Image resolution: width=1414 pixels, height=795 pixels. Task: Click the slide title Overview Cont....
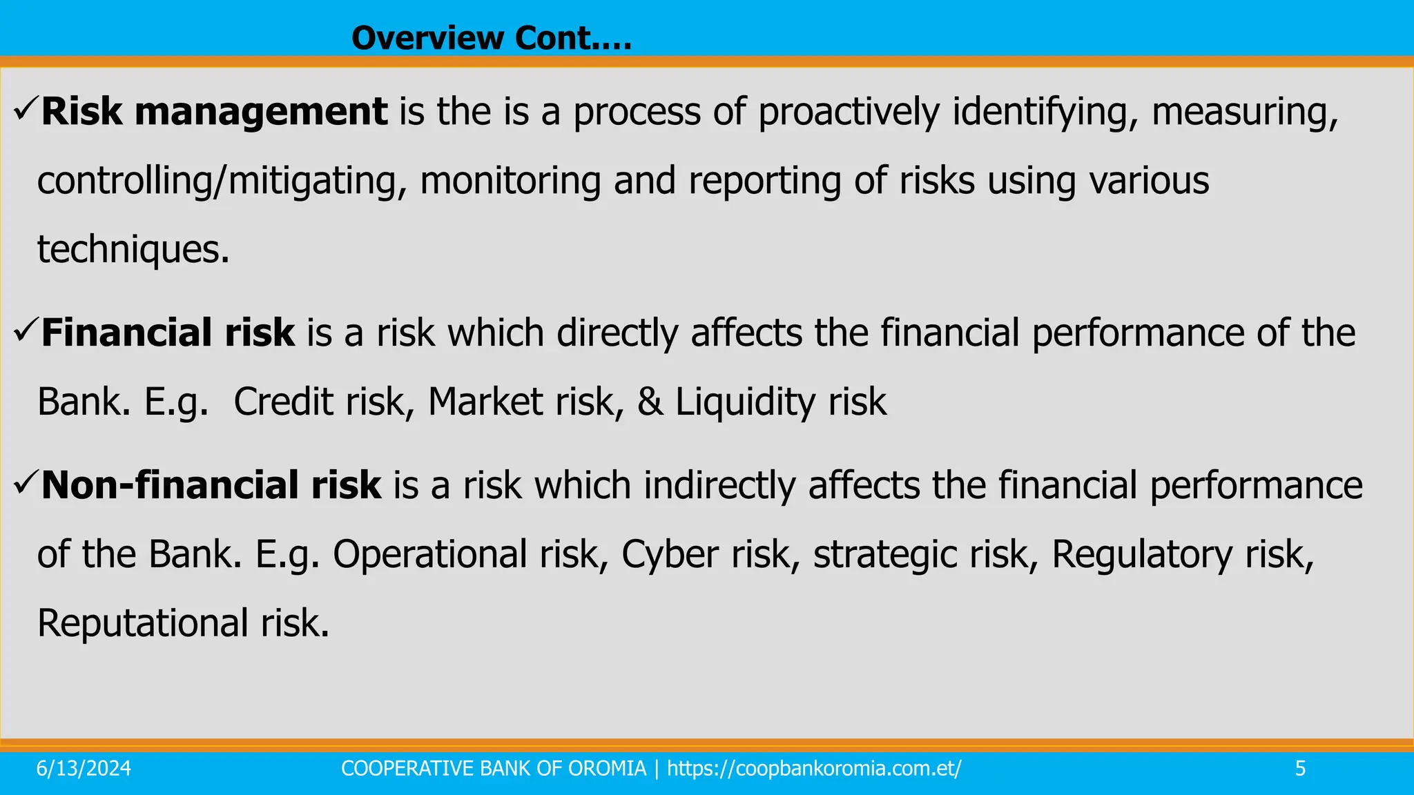(x=491, y=38)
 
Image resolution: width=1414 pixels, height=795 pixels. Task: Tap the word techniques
(x=133, y=250)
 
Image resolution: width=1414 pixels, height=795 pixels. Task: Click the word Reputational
(x=142, y=623)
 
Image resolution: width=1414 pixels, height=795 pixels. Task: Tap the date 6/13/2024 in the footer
(x=84, y=769)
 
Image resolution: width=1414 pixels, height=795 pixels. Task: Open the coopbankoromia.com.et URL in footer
(x=814, y=769)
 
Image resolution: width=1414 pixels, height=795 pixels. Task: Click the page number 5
(x=1300, y=769)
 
